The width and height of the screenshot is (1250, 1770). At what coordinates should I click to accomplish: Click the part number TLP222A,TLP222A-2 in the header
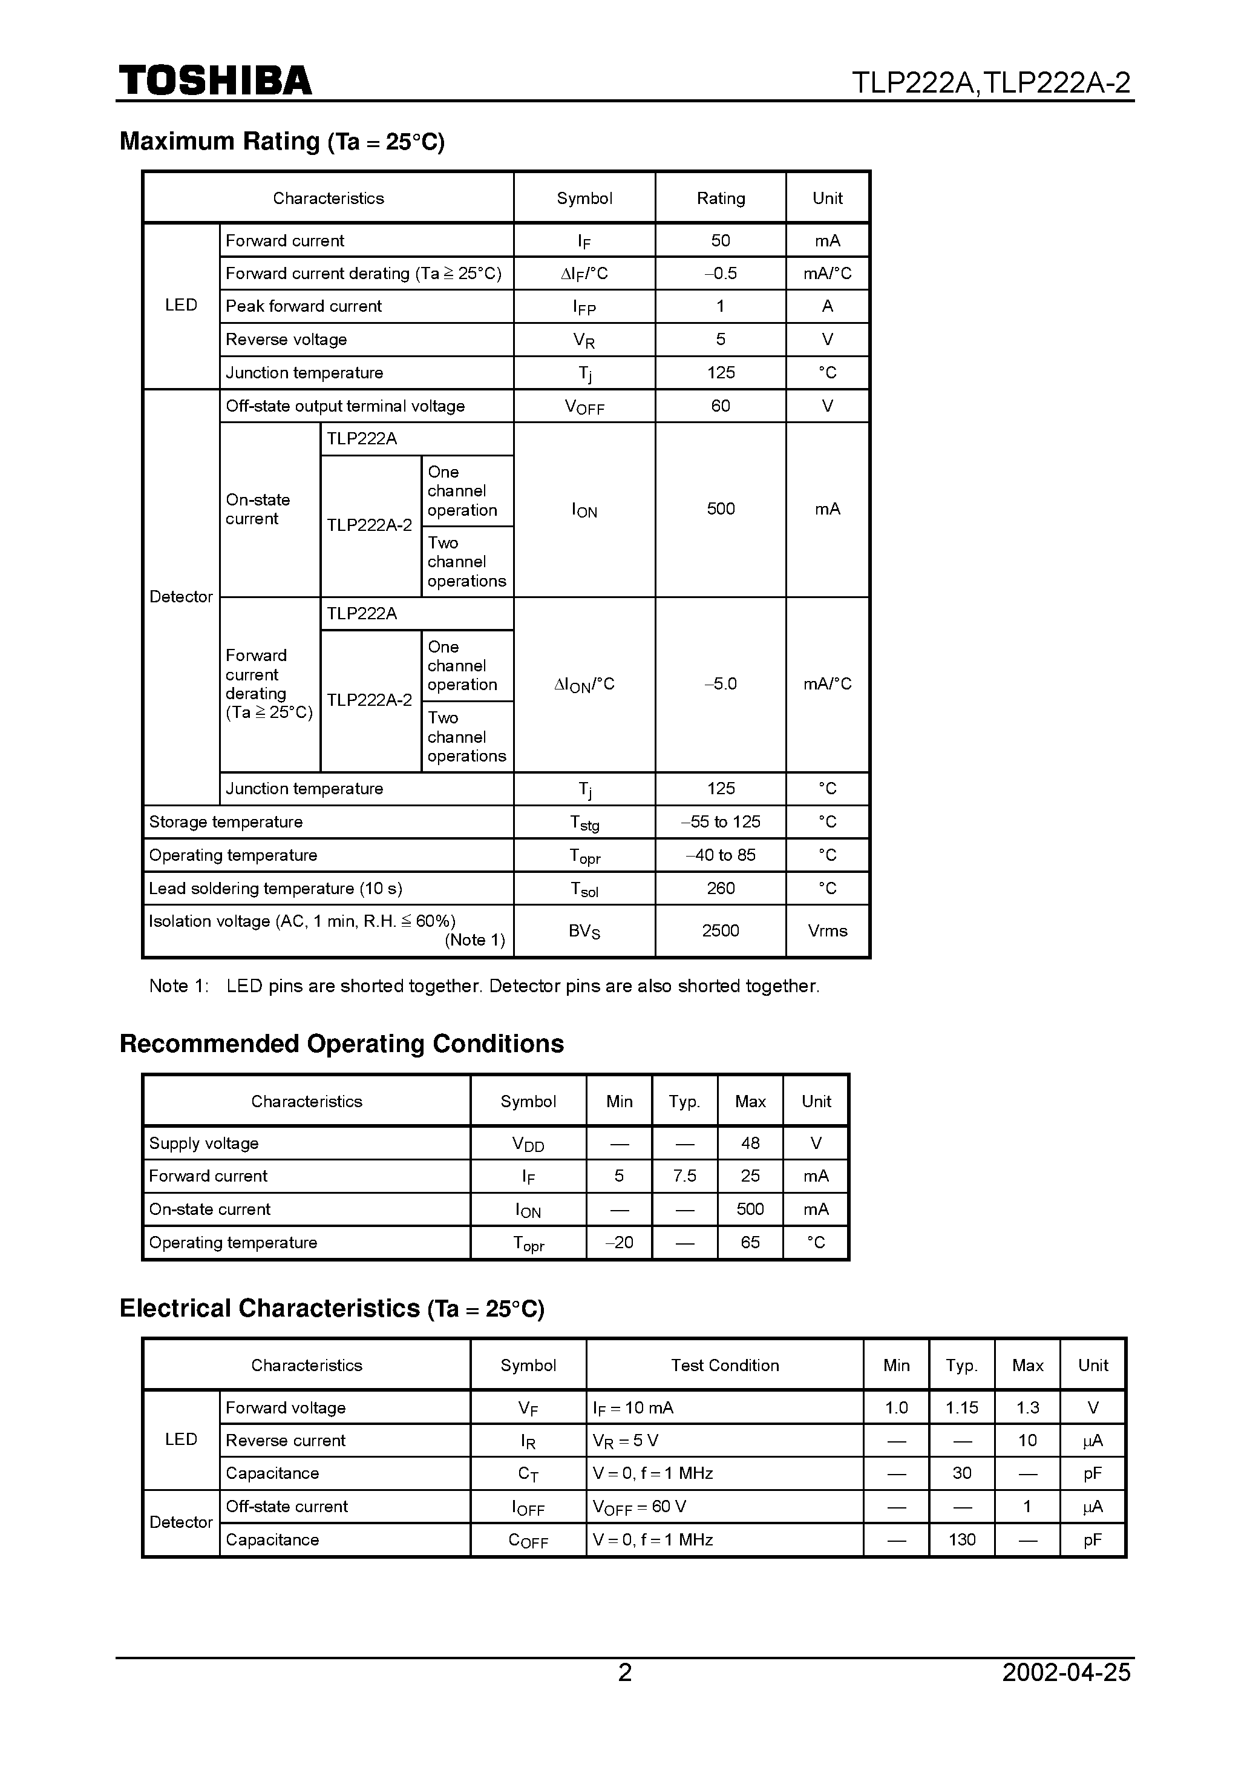[991, 82]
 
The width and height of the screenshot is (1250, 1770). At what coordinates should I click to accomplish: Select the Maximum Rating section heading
[282, 142]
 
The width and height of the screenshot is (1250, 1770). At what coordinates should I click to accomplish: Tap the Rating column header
[721, 198]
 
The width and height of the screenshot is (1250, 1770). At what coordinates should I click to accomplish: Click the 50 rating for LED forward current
[721, 240]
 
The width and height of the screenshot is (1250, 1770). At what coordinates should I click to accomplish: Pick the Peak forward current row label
[304, 306]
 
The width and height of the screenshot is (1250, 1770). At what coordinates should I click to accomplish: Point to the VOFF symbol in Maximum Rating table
[584, 406]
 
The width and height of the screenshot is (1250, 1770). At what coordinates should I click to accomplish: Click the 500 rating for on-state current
[721, 509]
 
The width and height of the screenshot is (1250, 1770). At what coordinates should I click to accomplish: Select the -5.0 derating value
[721, 684]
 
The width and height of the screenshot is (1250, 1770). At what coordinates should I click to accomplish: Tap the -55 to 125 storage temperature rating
[721, 822]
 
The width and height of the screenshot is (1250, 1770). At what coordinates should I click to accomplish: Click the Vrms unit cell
[827, 930]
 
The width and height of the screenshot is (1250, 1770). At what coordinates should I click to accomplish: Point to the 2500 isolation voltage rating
[721, 930]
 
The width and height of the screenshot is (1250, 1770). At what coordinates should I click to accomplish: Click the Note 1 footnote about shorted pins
[484, 986]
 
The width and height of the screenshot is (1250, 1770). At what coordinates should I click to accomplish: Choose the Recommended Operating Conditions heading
[341, 1044]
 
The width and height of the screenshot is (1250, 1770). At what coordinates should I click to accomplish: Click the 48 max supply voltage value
[750, 1143]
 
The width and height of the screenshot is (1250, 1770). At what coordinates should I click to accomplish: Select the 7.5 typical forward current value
[684, 1176]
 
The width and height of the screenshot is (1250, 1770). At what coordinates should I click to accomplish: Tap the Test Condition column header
[724, 1365]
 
